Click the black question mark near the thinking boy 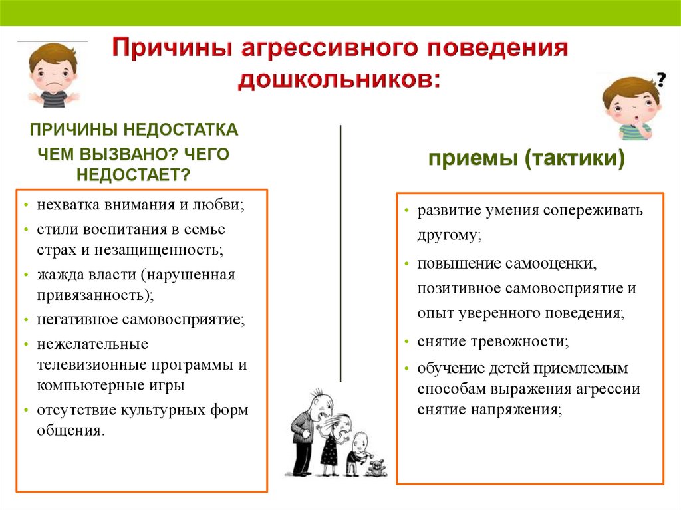(660, 80)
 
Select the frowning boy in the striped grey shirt (53, 74)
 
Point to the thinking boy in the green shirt (630, 108)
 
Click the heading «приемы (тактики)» (527, 158)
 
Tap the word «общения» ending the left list (68, 430)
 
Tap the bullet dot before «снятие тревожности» (406, 342)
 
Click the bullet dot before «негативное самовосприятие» (27, 320)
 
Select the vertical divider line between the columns (340, 254)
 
